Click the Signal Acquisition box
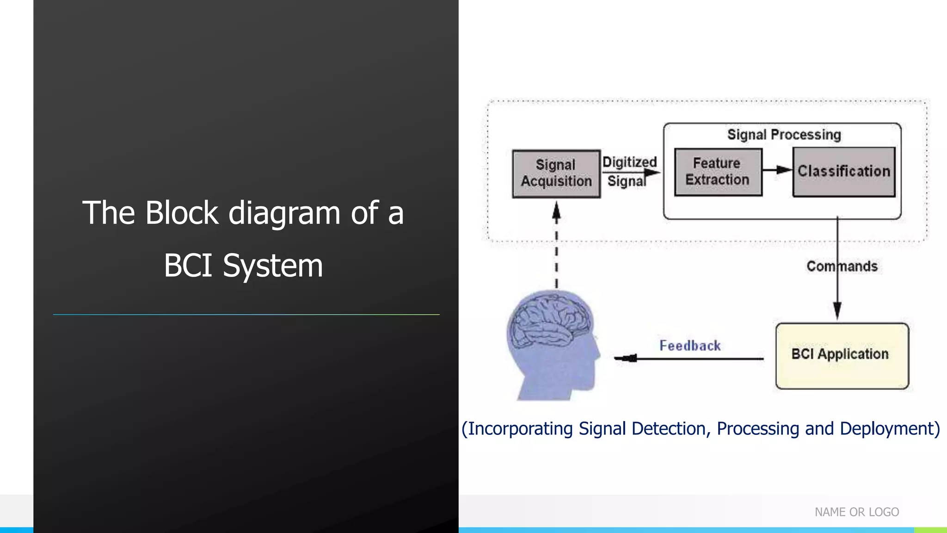click(556, 174)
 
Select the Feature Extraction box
click(718, 172)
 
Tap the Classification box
click(844, 172)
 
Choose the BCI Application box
click(842, 355)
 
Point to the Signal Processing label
click(784, 135)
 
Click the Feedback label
click(690, 346)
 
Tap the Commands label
click(842, 266)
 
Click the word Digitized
click(629, 162)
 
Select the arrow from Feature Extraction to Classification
click(777, 170)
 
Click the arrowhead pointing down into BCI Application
click(837, 310)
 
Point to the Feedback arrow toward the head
click(689, 358)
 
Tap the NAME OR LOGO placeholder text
click(857, 512)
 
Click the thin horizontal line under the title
click(246, 315)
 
